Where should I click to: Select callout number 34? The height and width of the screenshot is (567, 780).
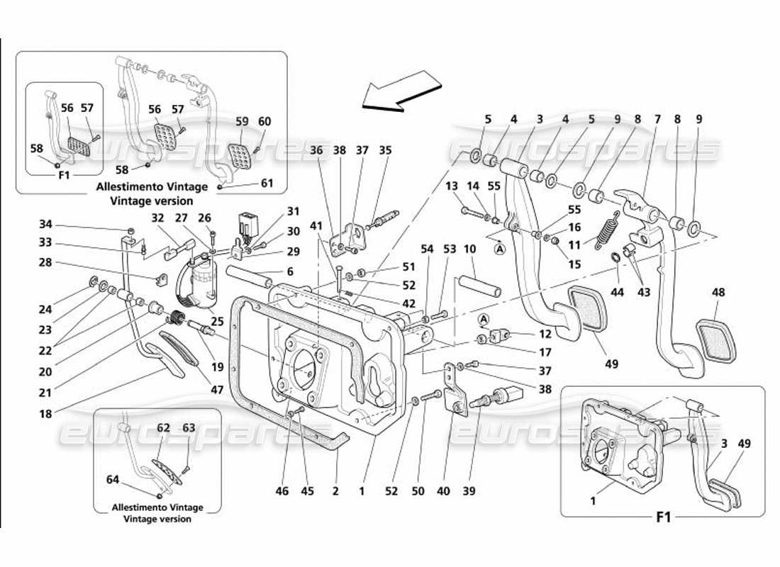(x=46, y=225)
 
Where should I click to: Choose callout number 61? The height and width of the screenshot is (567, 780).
(x=267, y=184)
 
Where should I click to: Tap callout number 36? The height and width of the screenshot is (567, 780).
(x=316, y=150)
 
